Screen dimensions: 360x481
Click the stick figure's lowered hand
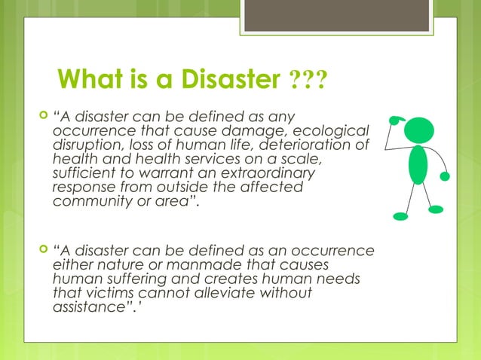pos(446,176)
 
